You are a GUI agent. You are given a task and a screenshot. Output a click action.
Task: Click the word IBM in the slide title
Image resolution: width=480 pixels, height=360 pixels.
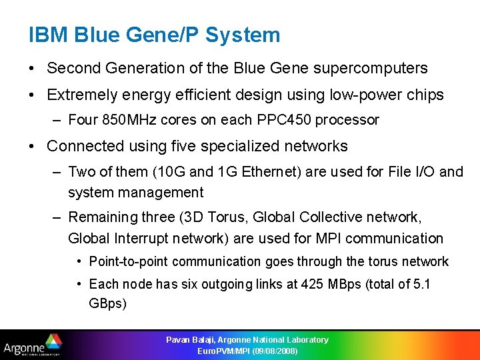(47, 35)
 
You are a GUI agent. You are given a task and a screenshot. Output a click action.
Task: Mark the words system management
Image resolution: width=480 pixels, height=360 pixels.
(135, 193)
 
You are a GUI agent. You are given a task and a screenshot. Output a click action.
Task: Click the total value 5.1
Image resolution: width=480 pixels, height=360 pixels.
(423, 284)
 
